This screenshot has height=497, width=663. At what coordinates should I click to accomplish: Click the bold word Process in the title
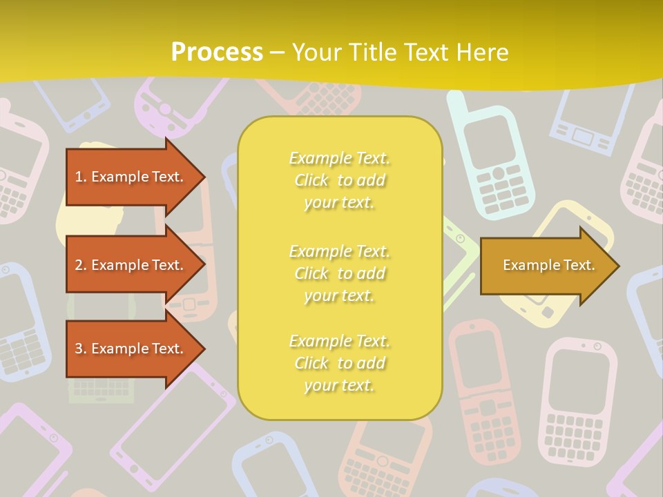pos(217,52)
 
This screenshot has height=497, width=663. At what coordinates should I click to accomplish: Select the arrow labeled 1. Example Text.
pos(131,177)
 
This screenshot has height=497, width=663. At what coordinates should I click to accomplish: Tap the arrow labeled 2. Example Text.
pos(131,265)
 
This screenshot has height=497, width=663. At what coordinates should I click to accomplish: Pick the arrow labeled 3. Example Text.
pos(131,349)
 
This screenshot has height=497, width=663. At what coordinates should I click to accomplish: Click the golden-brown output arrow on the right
pos(546,265)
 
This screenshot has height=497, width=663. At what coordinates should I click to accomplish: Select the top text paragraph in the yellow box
pos(339,180)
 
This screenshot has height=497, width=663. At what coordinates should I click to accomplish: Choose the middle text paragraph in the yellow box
pos(339,273)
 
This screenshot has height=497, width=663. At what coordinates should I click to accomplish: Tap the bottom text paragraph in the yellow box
pos(339,363)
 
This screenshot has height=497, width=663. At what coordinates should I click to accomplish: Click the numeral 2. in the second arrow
pos(81,265)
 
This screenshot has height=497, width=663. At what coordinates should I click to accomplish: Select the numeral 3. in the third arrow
pos(81,349)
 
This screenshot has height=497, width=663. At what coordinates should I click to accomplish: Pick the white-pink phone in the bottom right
pos(577,400)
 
